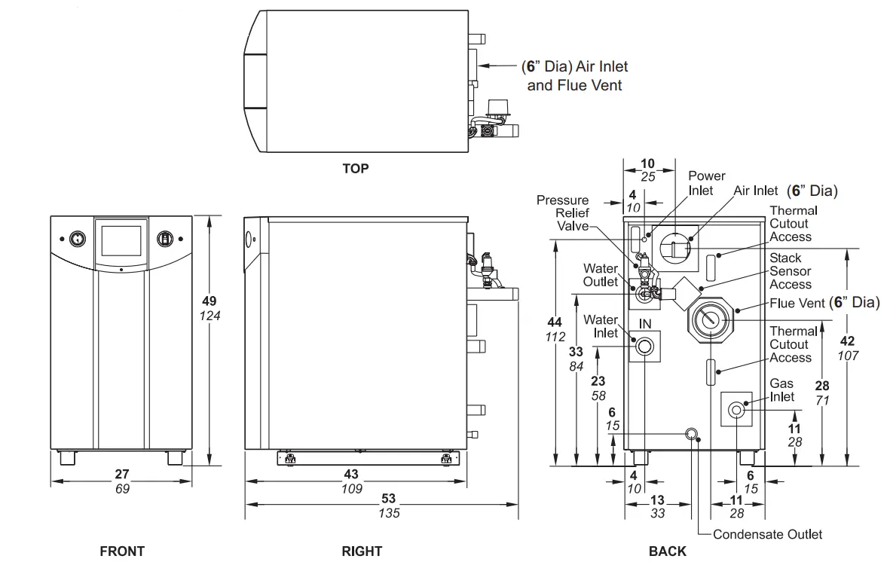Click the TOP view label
356,169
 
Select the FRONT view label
122,551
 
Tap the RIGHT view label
362,551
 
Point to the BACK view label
668,551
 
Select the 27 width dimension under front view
122,475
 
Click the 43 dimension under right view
351,475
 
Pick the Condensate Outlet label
767,534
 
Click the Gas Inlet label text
781,390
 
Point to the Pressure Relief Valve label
563,212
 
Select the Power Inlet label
707,183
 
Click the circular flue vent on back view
708,319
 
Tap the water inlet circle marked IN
644,347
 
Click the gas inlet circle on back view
736,410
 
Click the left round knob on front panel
76,239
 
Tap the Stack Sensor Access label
791,271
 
